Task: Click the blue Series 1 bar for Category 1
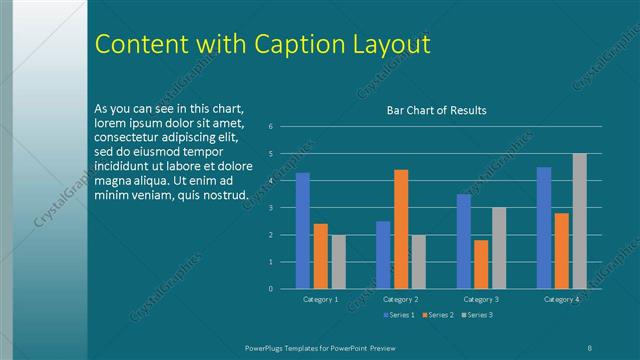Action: (303, 231)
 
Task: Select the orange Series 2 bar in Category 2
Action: (401, 229)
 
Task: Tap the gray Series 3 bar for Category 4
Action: (579, 221)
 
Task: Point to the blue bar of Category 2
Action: (383, 255)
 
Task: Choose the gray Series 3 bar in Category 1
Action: (338, 262)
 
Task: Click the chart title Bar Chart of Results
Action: (436, 110)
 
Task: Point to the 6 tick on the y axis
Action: (270, 127)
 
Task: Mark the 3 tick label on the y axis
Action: (270, 208)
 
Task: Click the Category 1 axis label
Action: (320, 299)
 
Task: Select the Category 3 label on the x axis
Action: (481, 299)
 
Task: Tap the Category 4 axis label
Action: (561, 299)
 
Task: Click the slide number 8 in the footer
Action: (591, 346)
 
